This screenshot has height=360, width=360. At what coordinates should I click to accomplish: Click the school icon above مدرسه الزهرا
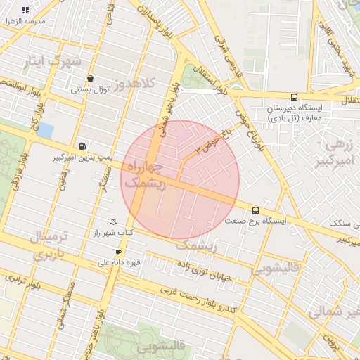[x=26, y=10]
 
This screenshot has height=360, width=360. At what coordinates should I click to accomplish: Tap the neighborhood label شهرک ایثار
[x=52, y=61]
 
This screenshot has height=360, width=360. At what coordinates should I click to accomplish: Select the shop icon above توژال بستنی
[x=90, y=79]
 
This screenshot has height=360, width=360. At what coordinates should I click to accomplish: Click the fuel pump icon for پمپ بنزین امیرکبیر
[x=84, y=146]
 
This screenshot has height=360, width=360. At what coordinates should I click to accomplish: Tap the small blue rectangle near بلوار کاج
[x=45, y=130]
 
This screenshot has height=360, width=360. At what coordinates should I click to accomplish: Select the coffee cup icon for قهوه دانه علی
[x=118, y=252]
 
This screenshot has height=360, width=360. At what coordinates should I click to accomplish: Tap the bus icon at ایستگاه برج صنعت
[x=255, y=210]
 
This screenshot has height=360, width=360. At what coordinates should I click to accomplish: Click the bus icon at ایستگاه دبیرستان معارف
[x=293, y=98]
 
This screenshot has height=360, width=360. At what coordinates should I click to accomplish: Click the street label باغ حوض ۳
[x=208, y=142]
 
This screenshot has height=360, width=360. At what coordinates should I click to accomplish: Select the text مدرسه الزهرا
[x=25, y=21]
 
